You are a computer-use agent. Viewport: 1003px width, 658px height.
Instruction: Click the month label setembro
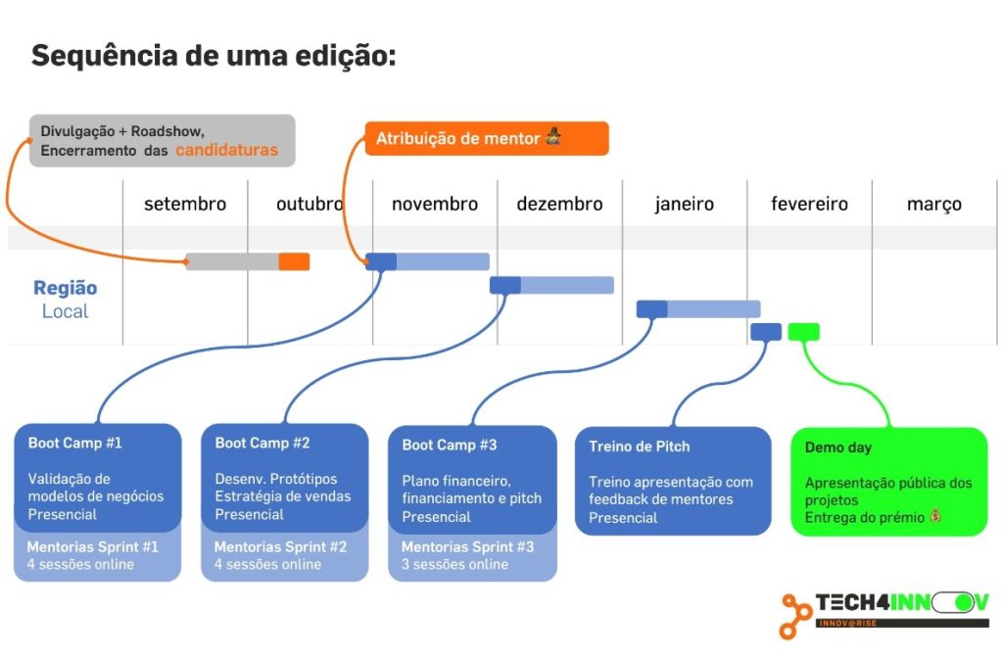pyautogui.click(x=185, y=204)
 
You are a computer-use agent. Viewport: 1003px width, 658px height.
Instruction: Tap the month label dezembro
pyautogui.click(x=559, y=204)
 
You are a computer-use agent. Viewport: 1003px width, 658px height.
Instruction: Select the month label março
pyautogui.click(x=933, y=205)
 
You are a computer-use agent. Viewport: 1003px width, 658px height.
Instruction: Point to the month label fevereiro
pyautogui.click(x=809, y=204)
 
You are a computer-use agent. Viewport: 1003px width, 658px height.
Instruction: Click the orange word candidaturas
pyautogui.click(x=227, y=150)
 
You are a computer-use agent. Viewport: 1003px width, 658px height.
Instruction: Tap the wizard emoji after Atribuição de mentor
pyautogui.click(x=553, y=136)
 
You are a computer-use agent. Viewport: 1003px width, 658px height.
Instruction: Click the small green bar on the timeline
pyautogui.click(x=803, y=332)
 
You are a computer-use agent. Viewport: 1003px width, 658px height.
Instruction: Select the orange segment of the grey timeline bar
pyautogui.click(x=294, y=261)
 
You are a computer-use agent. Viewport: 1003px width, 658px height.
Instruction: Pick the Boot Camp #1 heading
pyautogui.click(x=74, y=444)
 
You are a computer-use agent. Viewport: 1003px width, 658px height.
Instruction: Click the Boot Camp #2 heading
pyautogui.click(x=263, y=444)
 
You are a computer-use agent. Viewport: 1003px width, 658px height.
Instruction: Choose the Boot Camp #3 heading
pyautogui.click(x=449, y=446)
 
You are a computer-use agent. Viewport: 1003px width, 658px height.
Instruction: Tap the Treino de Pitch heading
pyautogui.click(x=639, y=446)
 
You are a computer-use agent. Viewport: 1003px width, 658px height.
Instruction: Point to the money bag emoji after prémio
pyautogui.click(x=935, y=515)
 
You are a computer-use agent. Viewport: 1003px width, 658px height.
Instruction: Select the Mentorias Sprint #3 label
pyautogui.click(x=467, y=547)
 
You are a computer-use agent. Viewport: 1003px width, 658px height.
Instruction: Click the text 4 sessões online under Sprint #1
pyautogui.click(x=80, y=565)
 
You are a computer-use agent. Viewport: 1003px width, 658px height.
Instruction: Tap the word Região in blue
pyautogui.click(x=66, y=289)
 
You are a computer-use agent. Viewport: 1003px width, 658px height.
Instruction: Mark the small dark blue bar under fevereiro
pyautogui.click(x=766, y=332)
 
